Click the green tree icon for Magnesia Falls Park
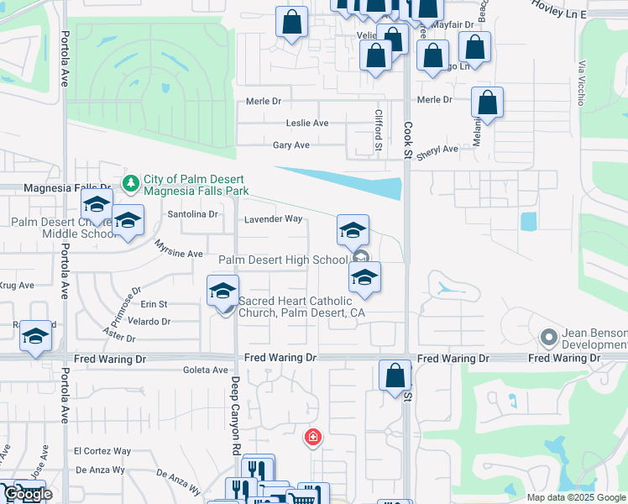(130, 182)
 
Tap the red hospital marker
(312, 437)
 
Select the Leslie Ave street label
(307, 123)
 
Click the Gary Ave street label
(291, 145)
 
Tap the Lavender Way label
(273, 219)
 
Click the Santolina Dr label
(192, 214)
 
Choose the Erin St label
(154, 304)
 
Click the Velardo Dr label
(150, 322)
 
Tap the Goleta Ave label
(206, 370)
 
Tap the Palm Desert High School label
(283, 260)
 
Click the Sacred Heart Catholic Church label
(302, 307)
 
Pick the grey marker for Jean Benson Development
(549, 338)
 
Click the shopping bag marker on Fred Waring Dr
(395, 376)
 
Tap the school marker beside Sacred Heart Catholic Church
(222, 291)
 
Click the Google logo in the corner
(27, 494)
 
